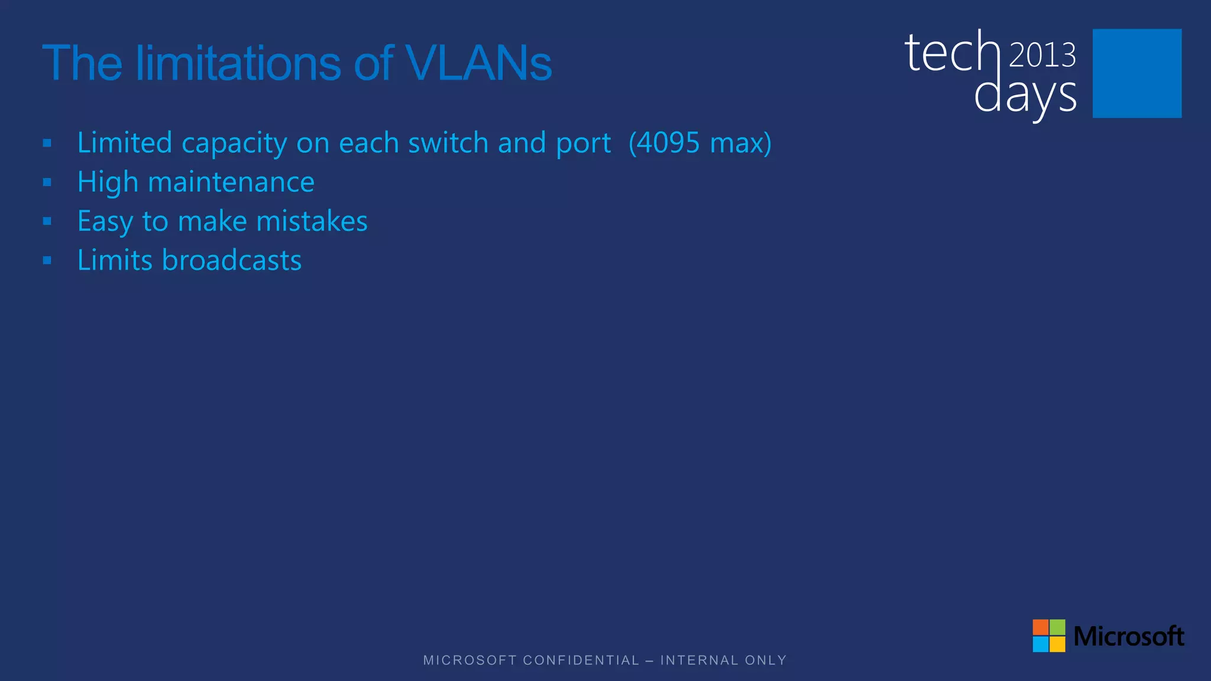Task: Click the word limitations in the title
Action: pyautogui.click(x=238, y=63)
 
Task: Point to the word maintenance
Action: pyautogui.click(x=231, y=182)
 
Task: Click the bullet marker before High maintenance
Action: pyautogui.click(x=47, y=183)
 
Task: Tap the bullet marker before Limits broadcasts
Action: pyautogui.click(x=47, y=261)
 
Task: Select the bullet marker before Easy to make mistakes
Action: pyautogui.click(x=47, y=222)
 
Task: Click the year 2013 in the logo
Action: pyautogui.click(x=1042, y=56)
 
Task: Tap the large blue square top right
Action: pyautogui.click(x=1136, y=73)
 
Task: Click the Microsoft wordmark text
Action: pyautogui.click(x=1128, y=637)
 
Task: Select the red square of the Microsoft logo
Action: pyautogui.click(x=1040, y=627)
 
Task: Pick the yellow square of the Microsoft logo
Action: pyautogui.click(x=1057, y=644)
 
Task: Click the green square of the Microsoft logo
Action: pyautogui.click(x=1057, y=627)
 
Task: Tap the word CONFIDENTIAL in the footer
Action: pyautogui.click(x=581, y=660)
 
